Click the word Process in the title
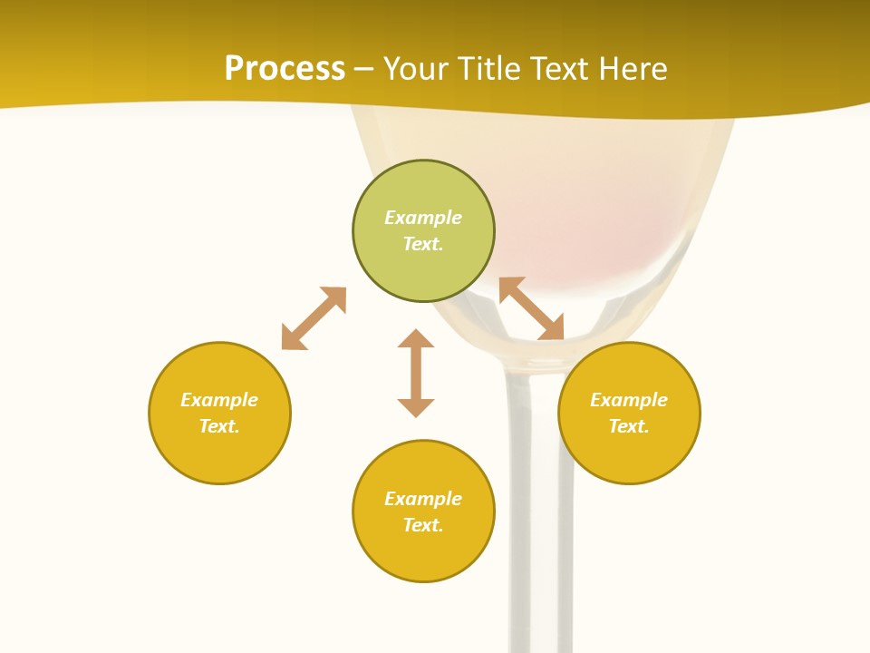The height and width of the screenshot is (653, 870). click(x=285, y=69)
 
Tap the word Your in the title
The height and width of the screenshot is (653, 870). click(x=419, y=69)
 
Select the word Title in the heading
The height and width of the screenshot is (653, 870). click(x=491, y=69)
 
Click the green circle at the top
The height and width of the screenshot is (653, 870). click(x=423, y=186)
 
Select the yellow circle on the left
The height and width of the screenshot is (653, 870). click(x=219, y=453)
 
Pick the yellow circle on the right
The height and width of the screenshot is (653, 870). click(x=629, y=453)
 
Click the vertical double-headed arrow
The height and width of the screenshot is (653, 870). click(x=416, y=373)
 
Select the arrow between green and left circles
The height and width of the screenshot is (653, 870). click(x=314, y=318)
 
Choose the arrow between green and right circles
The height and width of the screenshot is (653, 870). click(x=532, y=309)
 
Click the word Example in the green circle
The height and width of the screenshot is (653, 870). click(x=423, y=218)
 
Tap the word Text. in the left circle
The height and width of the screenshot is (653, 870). click(x=219, y=426)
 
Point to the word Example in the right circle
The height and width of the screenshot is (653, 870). click(x=629, y=400)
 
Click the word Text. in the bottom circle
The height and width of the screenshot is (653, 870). click(x=423, y=525)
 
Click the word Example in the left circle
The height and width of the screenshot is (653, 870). click(x=219, y=400)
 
